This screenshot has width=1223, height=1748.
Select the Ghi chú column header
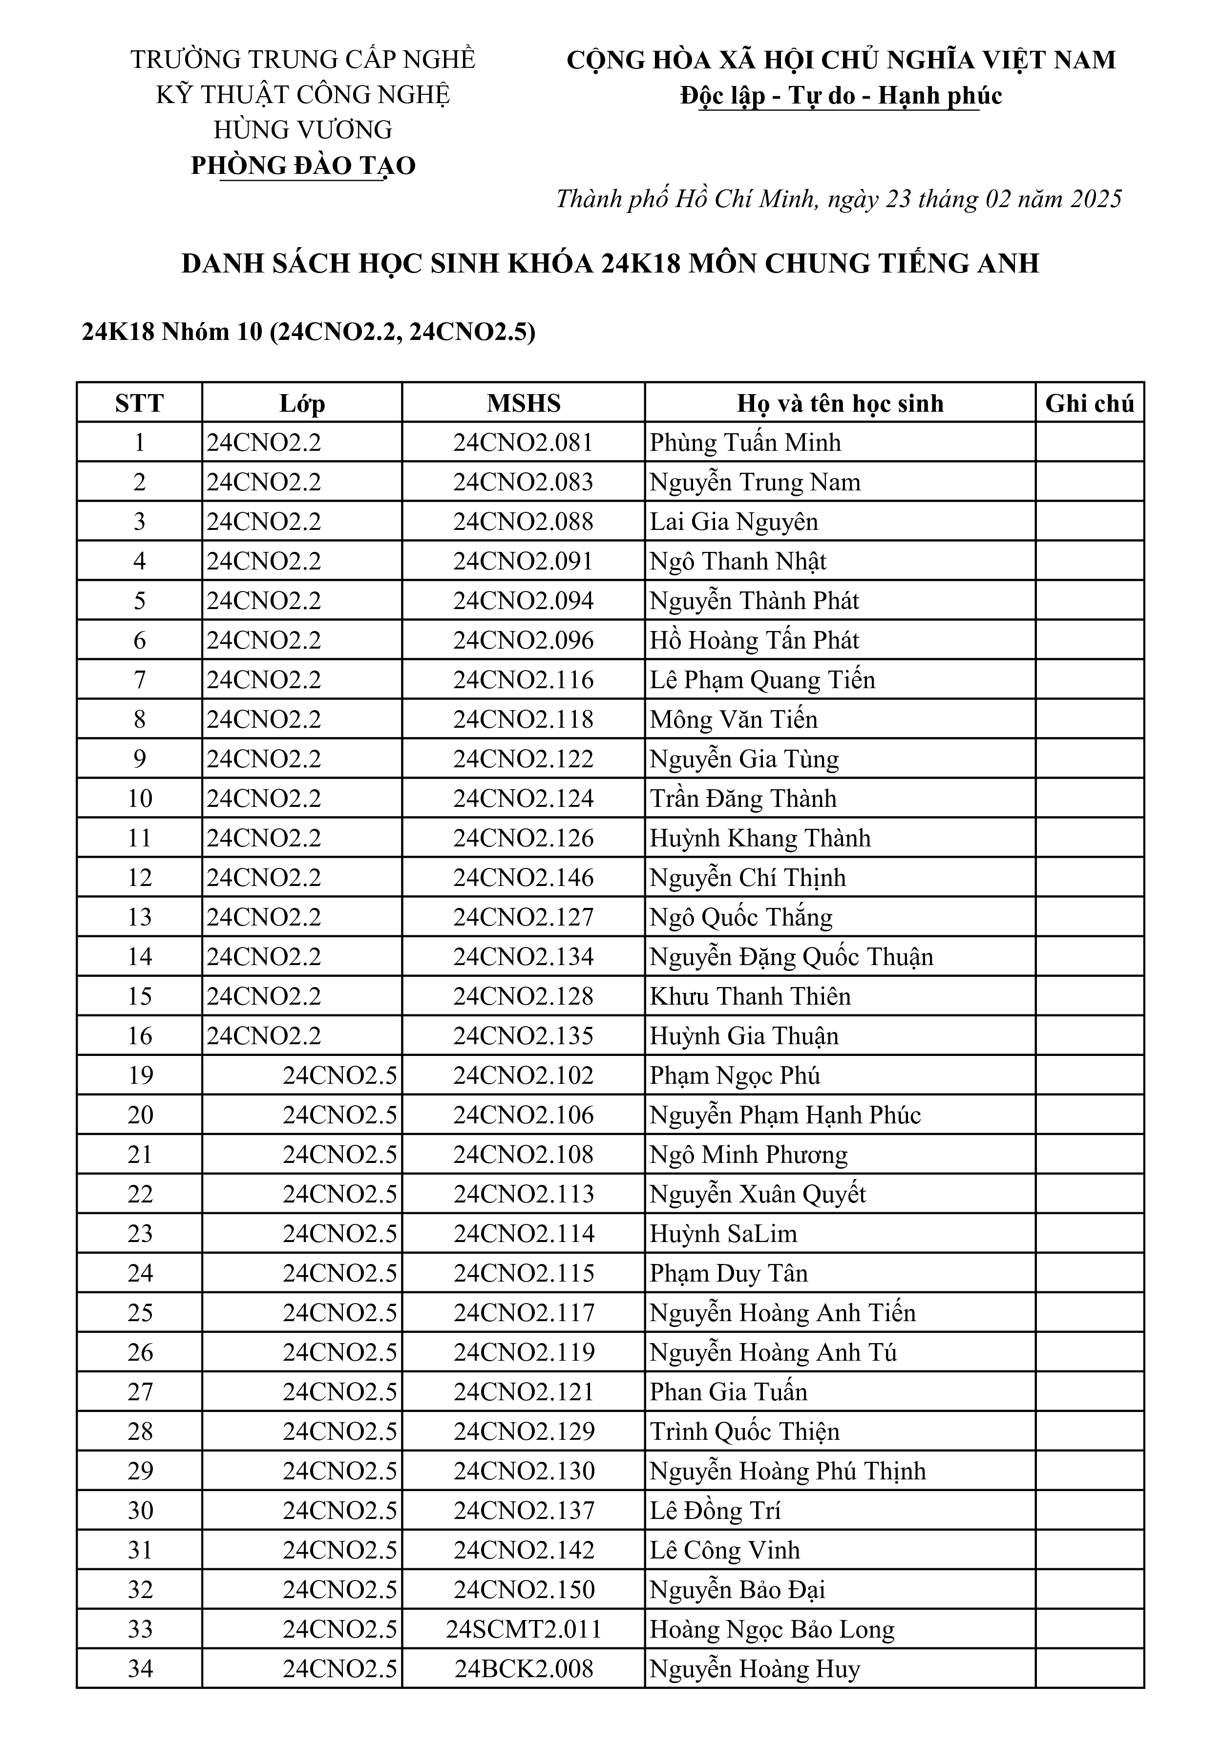coord(1089,403)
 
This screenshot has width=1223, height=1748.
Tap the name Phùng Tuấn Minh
coord(745,442)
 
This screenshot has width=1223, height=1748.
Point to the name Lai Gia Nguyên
coord(733,522)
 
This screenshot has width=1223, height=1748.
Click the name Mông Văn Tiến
coord(733,719)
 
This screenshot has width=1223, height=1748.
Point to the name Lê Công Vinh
coord(724,1550)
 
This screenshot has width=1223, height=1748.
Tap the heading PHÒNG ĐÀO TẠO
coord(303,165)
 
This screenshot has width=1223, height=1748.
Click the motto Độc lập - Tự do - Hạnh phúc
coord(841,95)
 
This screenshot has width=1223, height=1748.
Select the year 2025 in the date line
coord(1096,199)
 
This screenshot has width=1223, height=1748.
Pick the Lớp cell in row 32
coord(339,1590)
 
